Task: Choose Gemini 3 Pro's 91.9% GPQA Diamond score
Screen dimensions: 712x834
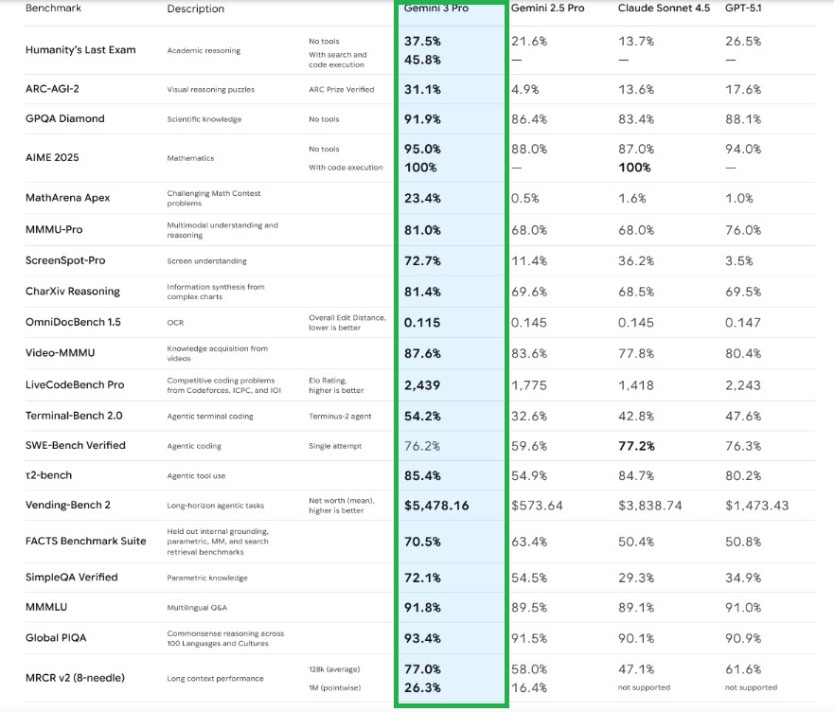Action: coord(422,119)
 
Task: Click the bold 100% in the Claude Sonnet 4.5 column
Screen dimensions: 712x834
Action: coord(634,168)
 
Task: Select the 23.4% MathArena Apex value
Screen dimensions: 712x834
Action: coord(422,198)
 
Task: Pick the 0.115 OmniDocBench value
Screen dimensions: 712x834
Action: coord(422,322)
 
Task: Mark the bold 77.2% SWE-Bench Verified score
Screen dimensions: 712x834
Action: coord(636,446)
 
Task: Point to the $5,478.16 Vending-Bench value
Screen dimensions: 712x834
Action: coord(436,506)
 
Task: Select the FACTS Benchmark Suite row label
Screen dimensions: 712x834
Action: coord(86,542)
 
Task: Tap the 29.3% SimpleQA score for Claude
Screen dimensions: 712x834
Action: coord(635,578)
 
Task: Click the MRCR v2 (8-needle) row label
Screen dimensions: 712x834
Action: coord(75,677)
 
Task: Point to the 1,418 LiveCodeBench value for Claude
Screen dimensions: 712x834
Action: coord(635,384)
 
